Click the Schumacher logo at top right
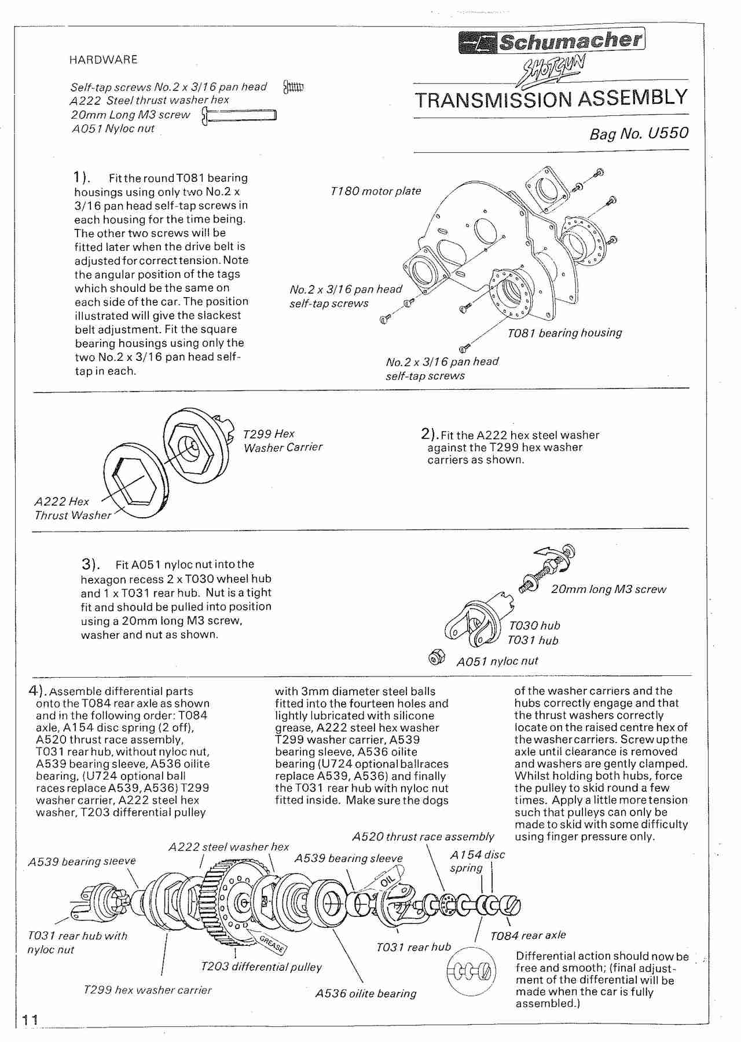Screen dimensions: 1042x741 click(x=551, y=42)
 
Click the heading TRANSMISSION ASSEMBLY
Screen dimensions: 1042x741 click(x=551, y=99)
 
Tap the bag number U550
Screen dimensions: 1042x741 click(x=639, y=134)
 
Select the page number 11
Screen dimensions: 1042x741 click(x=30, y=1019)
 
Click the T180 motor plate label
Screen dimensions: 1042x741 click(x=376, y=191)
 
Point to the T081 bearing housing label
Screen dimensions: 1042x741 click(x=564, y=333)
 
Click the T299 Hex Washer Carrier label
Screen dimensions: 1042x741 click(x=283, y=441)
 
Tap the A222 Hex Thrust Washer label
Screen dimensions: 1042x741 click(x=72, y=509)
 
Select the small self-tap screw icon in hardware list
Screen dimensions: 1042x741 click(x=294, y=87)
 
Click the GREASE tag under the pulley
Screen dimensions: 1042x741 click(x=271, y=944)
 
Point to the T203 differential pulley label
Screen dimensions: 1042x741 click(x=261, y=967)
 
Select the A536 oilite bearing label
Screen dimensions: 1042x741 click(x=365, y=993)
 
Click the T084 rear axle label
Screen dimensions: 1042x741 click(x=528, y=935)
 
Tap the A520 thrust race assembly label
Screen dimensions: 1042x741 click(x=423, y=837)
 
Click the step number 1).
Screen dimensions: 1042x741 click(x=82, y=177)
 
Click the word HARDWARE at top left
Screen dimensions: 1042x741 click(x=103, y=60)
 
